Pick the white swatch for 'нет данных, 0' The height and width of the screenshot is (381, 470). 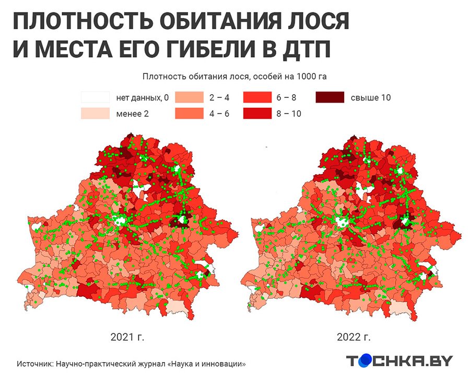[95, 97]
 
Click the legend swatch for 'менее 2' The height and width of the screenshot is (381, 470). [95, 113]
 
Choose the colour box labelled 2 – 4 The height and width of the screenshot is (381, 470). [189, 97]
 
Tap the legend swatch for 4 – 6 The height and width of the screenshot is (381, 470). [189, 113]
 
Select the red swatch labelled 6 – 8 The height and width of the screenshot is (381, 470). [257, 97]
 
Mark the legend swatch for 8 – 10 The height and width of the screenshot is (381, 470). [257, 113]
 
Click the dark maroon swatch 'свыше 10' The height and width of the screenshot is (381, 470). [330, 97]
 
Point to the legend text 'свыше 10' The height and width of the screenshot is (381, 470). [371, 97]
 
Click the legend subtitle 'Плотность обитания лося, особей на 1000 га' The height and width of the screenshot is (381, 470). [234, 76]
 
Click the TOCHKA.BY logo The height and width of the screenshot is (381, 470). [400, 361]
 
